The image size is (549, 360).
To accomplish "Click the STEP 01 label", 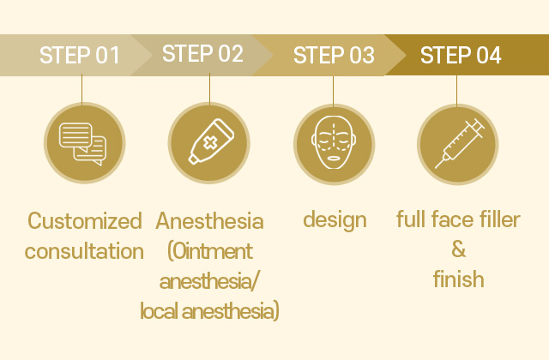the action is [x=80, y=55].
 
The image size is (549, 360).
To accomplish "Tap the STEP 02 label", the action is [x=202, y=53].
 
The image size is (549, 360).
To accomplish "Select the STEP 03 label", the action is [x=334, y=55].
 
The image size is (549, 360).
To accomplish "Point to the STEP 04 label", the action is [x=461, y=55].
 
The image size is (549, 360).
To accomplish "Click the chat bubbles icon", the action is [x=83, y=143].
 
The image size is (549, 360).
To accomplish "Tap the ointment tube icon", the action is [x=211, y=141].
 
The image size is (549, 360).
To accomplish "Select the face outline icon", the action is [x=334, y=143].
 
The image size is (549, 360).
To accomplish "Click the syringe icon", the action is [x=459, y=143].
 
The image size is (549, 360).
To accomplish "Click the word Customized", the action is [x=85, y=221].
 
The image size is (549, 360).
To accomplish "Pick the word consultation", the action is [x=84, y=251].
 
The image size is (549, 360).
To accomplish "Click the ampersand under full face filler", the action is [x=459, y=249].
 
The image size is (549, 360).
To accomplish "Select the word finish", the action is [x=459, y=279].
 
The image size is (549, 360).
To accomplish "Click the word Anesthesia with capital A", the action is [x=209, y=221].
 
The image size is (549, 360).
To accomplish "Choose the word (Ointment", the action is [x=210, y=251].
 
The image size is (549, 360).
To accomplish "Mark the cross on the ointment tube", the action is [x=210, y=143].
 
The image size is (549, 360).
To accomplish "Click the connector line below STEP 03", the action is [x=334, y=91].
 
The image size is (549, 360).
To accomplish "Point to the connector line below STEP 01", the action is [x=82, y=89].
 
